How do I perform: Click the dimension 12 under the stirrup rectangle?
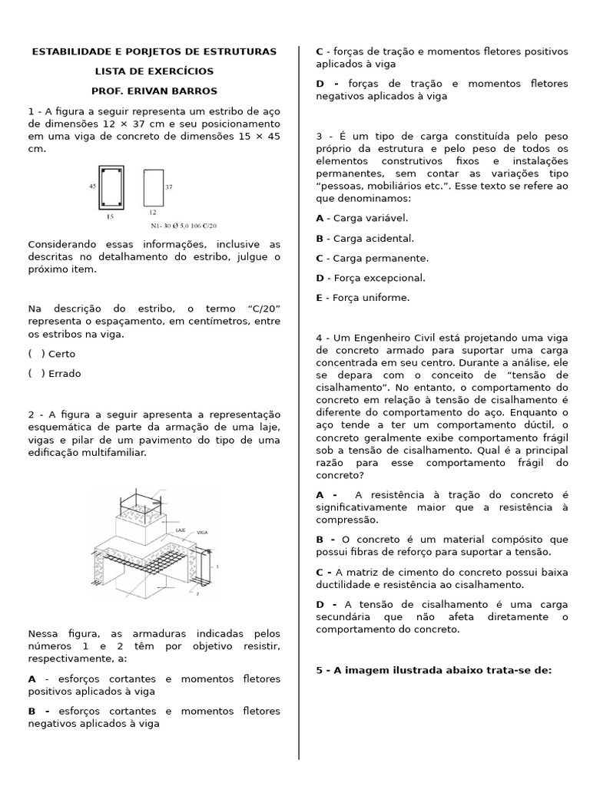[152, 212]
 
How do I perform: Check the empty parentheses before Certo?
[35, 354]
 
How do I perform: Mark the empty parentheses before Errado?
[35, 374]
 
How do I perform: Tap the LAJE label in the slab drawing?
[181, 530]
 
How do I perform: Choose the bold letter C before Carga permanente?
[320, 259]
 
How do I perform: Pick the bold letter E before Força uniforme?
[320, 298]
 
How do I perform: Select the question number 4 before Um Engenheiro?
[319, 338]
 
